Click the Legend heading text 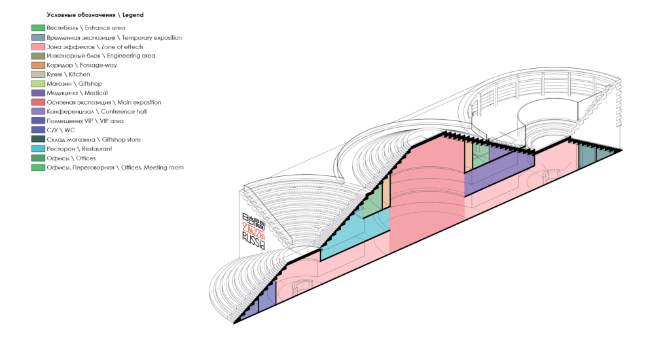click(95, 14)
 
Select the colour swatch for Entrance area click(38, 28)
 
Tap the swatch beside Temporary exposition click(38, 38)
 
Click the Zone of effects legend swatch click(38, 47)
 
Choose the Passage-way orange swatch click(38, 65)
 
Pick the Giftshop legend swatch click(38, 84)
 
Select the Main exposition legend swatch click(38, 103)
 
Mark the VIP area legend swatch click(38, 121)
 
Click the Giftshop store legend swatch click(38, 139)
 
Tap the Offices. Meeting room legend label click(115, 168)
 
